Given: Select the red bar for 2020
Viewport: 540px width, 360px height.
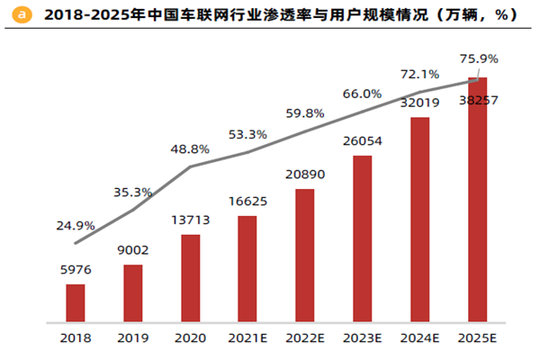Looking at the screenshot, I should click(190, 278).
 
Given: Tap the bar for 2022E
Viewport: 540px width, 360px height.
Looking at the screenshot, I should click(305, 256).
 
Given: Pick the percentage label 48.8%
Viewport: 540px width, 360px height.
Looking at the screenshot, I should click(190, 148).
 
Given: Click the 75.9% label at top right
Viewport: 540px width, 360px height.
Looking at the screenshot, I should click(479, 58).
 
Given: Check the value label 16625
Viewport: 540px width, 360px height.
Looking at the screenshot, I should click(247, 202).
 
